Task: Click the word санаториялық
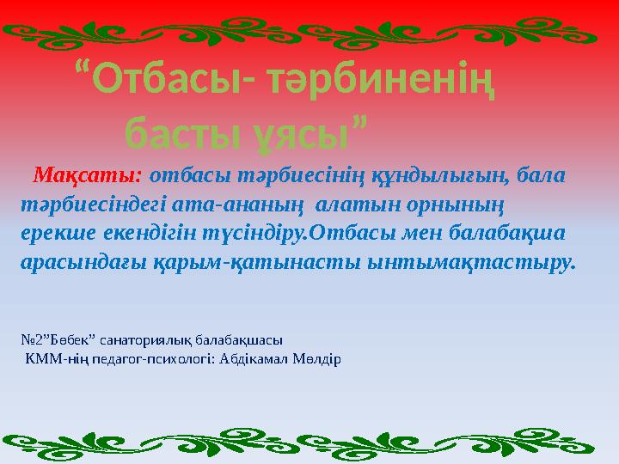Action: click(x=135, y=339)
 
